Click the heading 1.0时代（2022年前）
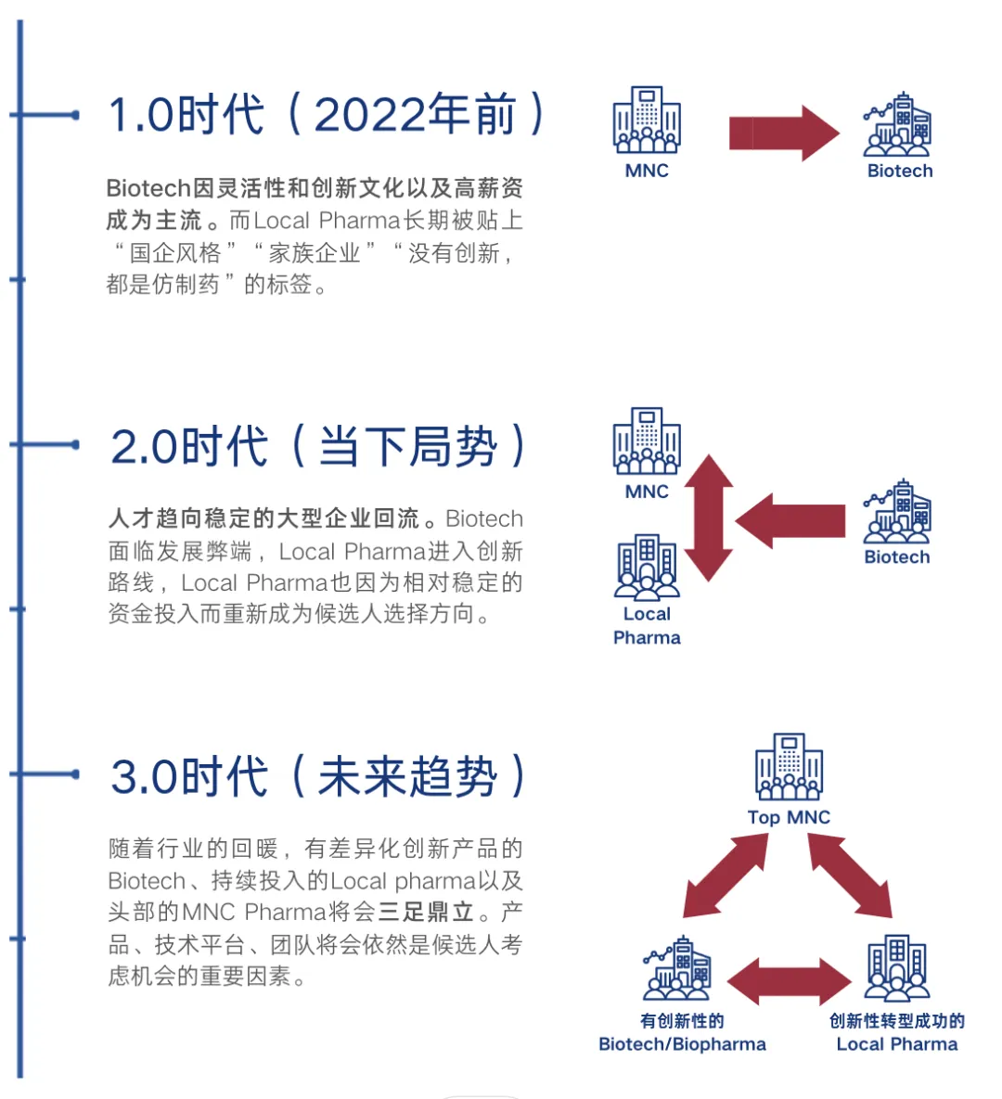pos(327,115)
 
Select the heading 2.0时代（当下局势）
pos(318,446)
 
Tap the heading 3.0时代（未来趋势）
pos(318,776)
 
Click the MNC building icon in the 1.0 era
pos(647,120)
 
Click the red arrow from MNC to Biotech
pos(783,134)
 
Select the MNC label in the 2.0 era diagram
pos(647,492)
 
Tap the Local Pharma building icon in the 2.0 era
pos(647,566)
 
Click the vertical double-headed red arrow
pos(710,518)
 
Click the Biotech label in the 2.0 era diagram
pos(896,557)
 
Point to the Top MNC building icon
pos(789,767)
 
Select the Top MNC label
pos(789,817)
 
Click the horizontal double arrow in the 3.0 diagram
pos(789,981)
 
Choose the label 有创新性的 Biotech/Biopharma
pos(683,1032)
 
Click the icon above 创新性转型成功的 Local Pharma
pos(896,968)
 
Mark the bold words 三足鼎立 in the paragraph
pos(426,912)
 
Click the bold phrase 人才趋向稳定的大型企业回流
pos(264,518)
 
